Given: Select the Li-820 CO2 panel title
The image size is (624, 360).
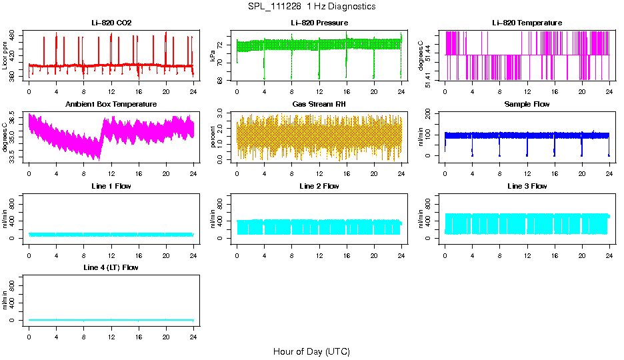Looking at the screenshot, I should point(111,23).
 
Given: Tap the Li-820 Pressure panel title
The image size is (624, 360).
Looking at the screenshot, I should point(319,23).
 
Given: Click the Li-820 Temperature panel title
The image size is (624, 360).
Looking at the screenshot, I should point(527,23).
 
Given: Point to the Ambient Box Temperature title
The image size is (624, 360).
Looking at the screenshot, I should point(111,105).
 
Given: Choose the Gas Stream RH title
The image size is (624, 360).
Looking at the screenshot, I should point(319,105).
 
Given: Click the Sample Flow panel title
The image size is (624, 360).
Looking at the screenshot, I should point(527,105).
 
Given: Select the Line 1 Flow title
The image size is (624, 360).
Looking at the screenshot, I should point(111,186).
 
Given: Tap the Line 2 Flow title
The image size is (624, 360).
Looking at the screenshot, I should point(319,186).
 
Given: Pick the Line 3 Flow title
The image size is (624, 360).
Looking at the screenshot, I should point(527,186).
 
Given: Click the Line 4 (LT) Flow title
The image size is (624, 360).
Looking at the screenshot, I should point(111,267).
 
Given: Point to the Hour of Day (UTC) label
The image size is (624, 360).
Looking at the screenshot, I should point(311,351).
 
